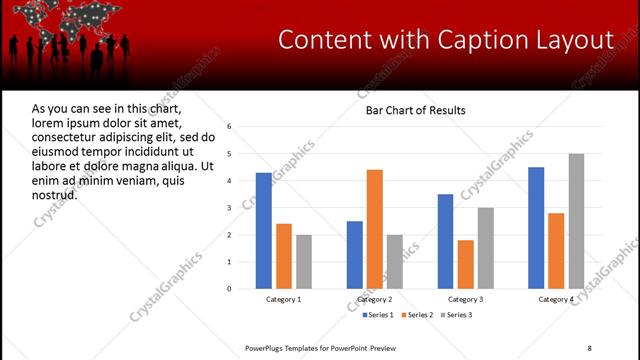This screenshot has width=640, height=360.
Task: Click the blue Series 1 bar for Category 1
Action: (x=263, y=231)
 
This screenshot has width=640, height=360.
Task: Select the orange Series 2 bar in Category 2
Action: (x=374, y=229)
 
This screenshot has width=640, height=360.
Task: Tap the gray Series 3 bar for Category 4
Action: (x=576, y=221)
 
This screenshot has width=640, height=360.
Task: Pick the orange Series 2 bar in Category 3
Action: (x=465, y=264)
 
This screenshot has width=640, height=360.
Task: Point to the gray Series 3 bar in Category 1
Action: (x=303, y=262)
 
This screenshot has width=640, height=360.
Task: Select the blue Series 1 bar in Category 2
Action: (x=354, y=255)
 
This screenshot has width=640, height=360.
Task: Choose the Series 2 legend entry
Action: (x=417, y=315)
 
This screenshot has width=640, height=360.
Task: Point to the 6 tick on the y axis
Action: (x=229, y=127)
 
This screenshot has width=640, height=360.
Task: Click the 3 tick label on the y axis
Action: (x=229, y=208)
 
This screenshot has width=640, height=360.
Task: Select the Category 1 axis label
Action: (x=283, y=299)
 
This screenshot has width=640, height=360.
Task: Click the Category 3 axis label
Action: (x=465, y=299)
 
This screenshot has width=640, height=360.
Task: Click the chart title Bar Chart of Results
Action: (x=415, y=109)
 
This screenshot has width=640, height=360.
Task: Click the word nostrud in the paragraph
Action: (x=54, y=195)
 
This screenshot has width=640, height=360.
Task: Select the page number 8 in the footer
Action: (x=589, y=347)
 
